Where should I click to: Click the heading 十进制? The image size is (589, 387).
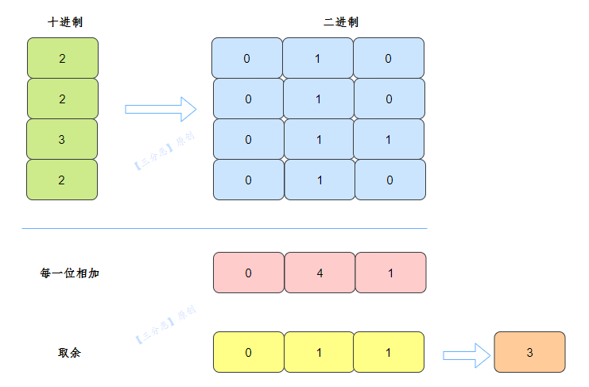(65, 22)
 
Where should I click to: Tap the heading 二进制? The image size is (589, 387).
(341, 22)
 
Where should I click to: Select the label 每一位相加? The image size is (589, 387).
(69, 273)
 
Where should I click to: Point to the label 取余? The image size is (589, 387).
(69, 353)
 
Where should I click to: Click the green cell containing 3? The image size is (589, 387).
(62, 139)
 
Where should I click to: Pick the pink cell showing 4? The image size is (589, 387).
(320, 273)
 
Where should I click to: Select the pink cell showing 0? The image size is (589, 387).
(249, 273)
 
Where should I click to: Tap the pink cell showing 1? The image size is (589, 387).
(390, 273)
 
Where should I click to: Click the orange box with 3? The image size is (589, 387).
(529, 352)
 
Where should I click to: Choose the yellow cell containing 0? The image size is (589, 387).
(249, 352)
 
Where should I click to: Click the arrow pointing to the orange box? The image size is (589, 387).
(467, 355)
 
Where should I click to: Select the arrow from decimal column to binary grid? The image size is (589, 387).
(161, 109)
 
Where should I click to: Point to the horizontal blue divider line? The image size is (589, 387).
(225, 228)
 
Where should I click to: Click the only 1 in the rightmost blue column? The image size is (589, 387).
(389, 139)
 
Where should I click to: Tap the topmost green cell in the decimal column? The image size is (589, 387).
(63, 58)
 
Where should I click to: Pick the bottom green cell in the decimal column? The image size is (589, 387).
(62, 180)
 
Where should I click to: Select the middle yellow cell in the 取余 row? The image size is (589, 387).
(320, 352)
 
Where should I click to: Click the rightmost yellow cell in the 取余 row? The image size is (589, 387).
(389, 352)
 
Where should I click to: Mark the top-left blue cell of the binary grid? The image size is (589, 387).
(247, 58)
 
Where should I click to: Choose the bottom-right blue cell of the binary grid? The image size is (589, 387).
(390, 180)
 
